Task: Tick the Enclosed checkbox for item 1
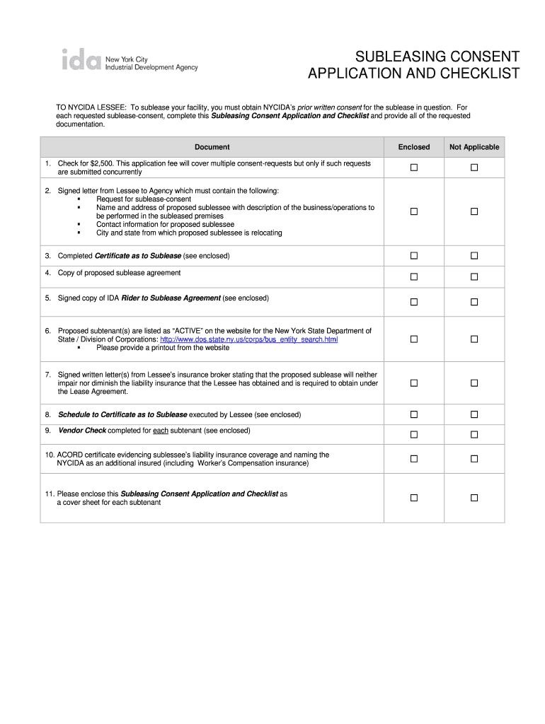coord(414,168)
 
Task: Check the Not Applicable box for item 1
coord(474,168)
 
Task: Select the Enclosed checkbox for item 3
coord(414,256)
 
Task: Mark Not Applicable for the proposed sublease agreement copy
coord(474,276)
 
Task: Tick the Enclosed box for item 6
coord(414,339)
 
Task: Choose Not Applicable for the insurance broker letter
coord(474,383)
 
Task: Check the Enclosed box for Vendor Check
coord(414,434)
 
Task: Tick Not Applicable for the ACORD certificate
coord(474,459)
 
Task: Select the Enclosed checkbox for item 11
coord(414,498)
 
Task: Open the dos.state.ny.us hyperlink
coord(249,339)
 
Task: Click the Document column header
coord(212,147)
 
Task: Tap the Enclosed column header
coord(414,147)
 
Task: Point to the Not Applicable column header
coord(474,147)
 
